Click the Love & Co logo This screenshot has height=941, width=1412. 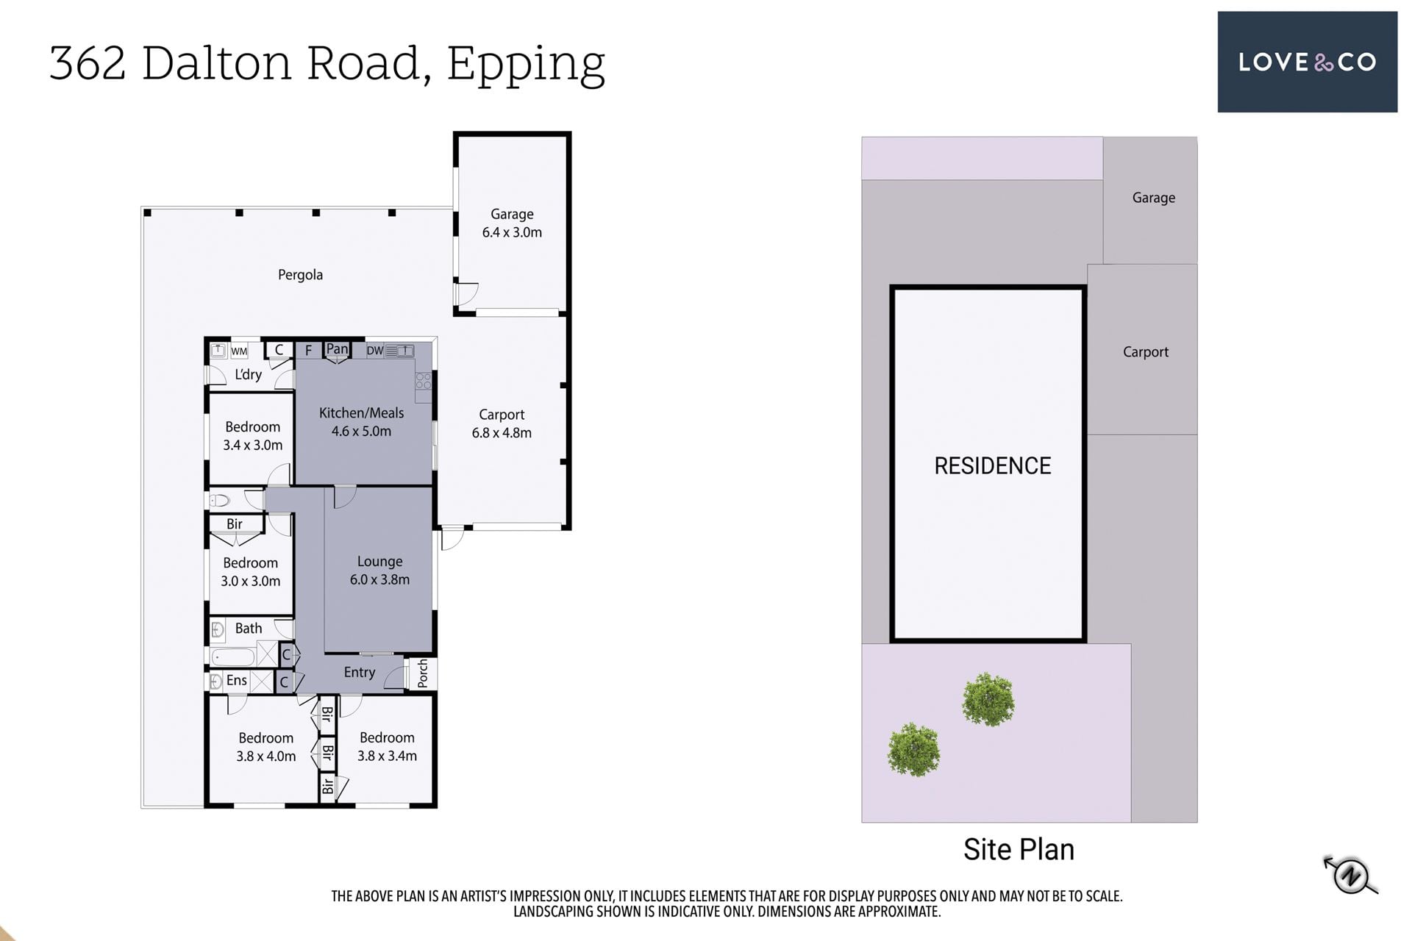[x=1307, y=62]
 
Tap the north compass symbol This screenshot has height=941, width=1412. [x=1351, y=875]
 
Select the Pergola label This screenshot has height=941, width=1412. [x=300, y=275]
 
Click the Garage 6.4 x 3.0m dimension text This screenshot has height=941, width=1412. [x=512, y=232]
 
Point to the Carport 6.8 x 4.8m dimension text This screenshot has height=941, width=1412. [x=502, y=433]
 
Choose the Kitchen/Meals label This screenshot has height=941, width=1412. [x=361, y=413]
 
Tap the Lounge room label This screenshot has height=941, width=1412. [x=379, y=562]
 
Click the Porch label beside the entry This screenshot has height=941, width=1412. [x=423, y=673]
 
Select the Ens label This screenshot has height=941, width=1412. [x=237, y=681]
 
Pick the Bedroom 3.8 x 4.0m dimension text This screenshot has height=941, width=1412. [x=266, y=756]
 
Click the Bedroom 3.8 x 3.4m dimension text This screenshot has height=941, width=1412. [x=387, y=756]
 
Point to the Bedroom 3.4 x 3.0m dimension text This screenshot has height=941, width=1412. [x=253, y=446]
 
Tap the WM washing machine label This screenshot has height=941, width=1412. [x=239, y=351]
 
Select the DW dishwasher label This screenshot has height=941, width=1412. [x=375, y=351]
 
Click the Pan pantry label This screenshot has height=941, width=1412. [x=337, y=349]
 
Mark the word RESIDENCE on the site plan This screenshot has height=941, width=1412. [x=993, y=466]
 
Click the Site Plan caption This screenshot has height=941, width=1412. [x=1019, y=850]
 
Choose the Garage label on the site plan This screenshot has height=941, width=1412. [x=1153, y=198]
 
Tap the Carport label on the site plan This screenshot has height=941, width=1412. [x=1146, y=352]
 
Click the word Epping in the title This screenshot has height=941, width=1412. [x=526, y=65]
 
